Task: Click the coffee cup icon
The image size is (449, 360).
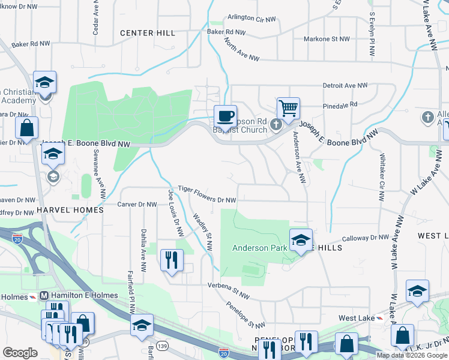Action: coord(225,116)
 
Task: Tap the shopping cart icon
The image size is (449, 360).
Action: coord(288,109)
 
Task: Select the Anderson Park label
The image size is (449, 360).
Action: coord(259,247)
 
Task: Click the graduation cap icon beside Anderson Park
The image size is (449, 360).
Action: coord(301,240)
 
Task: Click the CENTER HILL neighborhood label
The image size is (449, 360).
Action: coord(147,33)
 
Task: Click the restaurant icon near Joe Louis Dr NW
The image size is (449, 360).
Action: coord(172,260)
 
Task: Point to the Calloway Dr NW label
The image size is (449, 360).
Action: coord(366,238)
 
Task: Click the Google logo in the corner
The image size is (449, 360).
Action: coord(20,352)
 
